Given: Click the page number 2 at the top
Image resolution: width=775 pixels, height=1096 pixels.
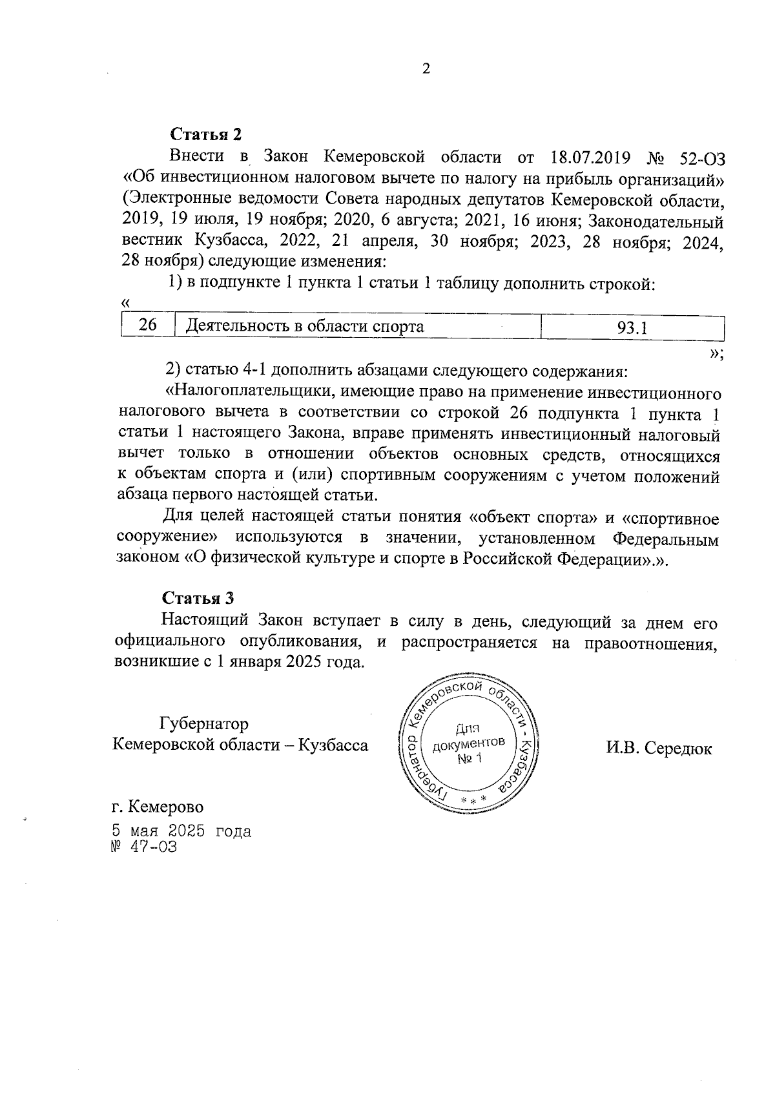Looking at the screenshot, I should click(426, 69).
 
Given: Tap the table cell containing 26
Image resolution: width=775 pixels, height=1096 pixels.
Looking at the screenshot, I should click(148, 326).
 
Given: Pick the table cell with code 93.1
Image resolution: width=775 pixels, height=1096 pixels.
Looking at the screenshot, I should click(632, 327).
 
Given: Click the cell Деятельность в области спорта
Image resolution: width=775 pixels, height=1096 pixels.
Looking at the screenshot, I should click(305, 326).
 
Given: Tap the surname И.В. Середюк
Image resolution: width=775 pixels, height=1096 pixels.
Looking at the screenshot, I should click(659, 749).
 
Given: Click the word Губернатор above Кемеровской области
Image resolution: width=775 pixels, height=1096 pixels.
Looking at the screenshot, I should click(204, 723).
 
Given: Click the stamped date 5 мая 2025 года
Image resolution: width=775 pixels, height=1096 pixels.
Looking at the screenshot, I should click(181, 831).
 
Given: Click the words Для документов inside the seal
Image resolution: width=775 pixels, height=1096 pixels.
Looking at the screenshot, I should click(469, 737).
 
